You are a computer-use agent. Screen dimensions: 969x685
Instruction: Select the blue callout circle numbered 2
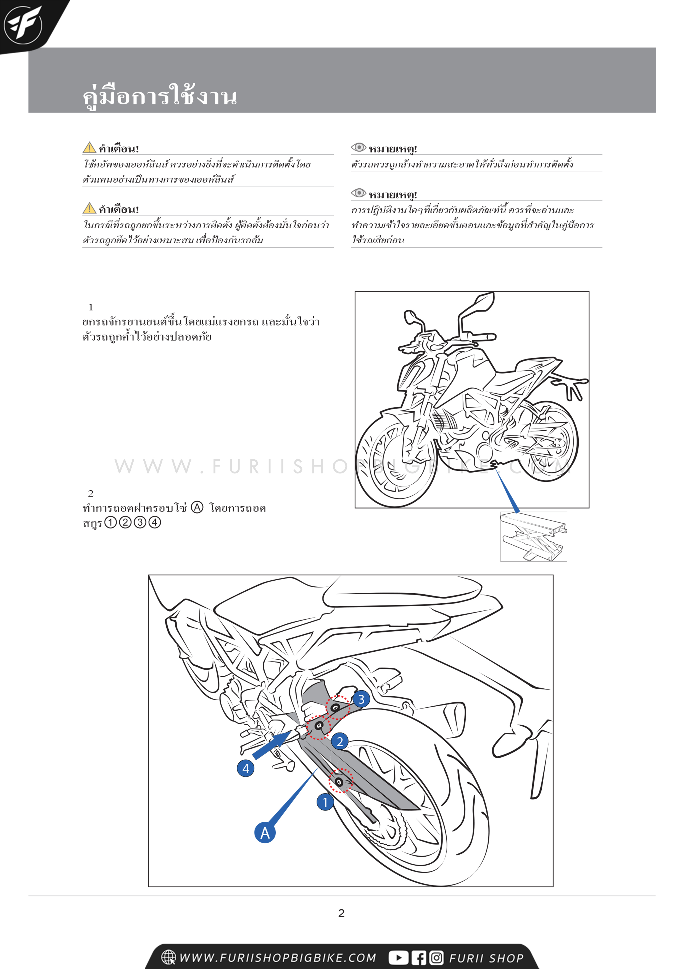click(339, 741)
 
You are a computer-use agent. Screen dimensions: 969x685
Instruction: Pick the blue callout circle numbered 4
click(246, 768)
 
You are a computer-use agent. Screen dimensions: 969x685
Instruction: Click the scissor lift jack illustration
click(533, 536)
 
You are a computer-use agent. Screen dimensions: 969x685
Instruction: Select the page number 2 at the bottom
click(341, 913)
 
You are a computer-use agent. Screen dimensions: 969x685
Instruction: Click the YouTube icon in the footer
click(398, 958)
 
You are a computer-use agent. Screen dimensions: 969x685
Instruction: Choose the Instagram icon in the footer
click(436, 958)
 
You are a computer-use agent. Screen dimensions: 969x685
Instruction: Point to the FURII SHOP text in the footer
click(486, 958)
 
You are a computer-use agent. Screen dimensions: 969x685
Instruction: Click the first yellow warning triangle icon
click(89, 148)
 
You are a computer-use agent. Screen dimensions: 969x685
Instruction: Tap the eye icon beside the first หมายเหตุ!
click(358, 147)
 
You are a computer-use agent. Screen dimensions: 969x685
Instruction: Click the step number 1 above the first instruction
click(91, 307)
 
